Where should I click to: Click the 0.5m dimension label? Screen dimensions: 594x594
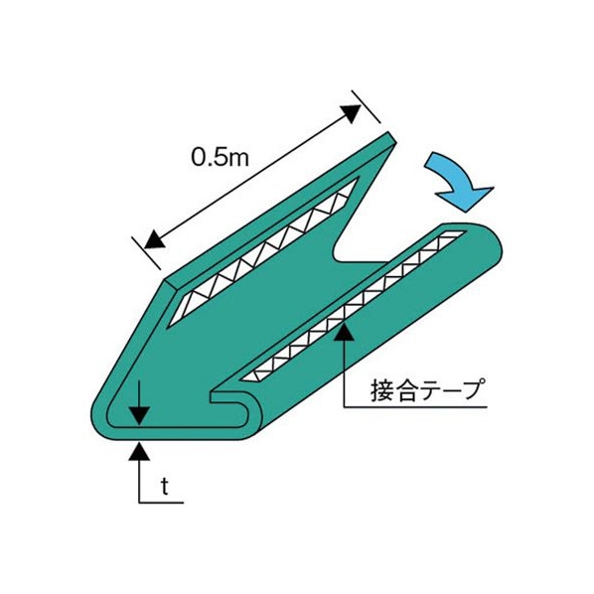click(221, 157)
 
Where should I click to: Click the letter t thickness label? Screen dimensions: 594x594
click(164, 487)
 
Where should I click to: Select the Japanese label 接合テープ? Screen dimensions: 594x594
click(428, 390)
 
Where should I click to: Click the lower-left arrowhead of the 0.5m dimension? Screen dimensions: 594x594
click(153, 238)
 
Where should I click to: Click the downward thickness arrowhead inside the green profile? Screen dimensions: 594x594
click(139, 415)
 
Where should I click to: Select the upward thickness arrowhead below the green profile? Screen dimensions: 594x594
click(139, 451)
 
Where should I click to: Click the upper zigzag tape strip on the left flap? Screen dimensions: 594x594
click(262, 250)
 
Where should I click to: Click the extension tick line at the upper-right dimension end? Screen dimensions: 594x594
click(366, 107)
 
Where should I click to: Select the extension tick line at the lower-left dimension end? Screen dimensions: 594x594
click(146, 253)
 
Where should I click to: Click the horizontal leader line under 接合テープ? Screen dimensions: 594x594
click(415, 407)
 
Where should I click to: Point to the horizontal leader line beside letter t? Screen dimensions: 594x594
click(161, 503)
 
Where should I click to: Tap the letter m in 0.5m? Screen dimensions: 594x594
click(238, 159)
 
